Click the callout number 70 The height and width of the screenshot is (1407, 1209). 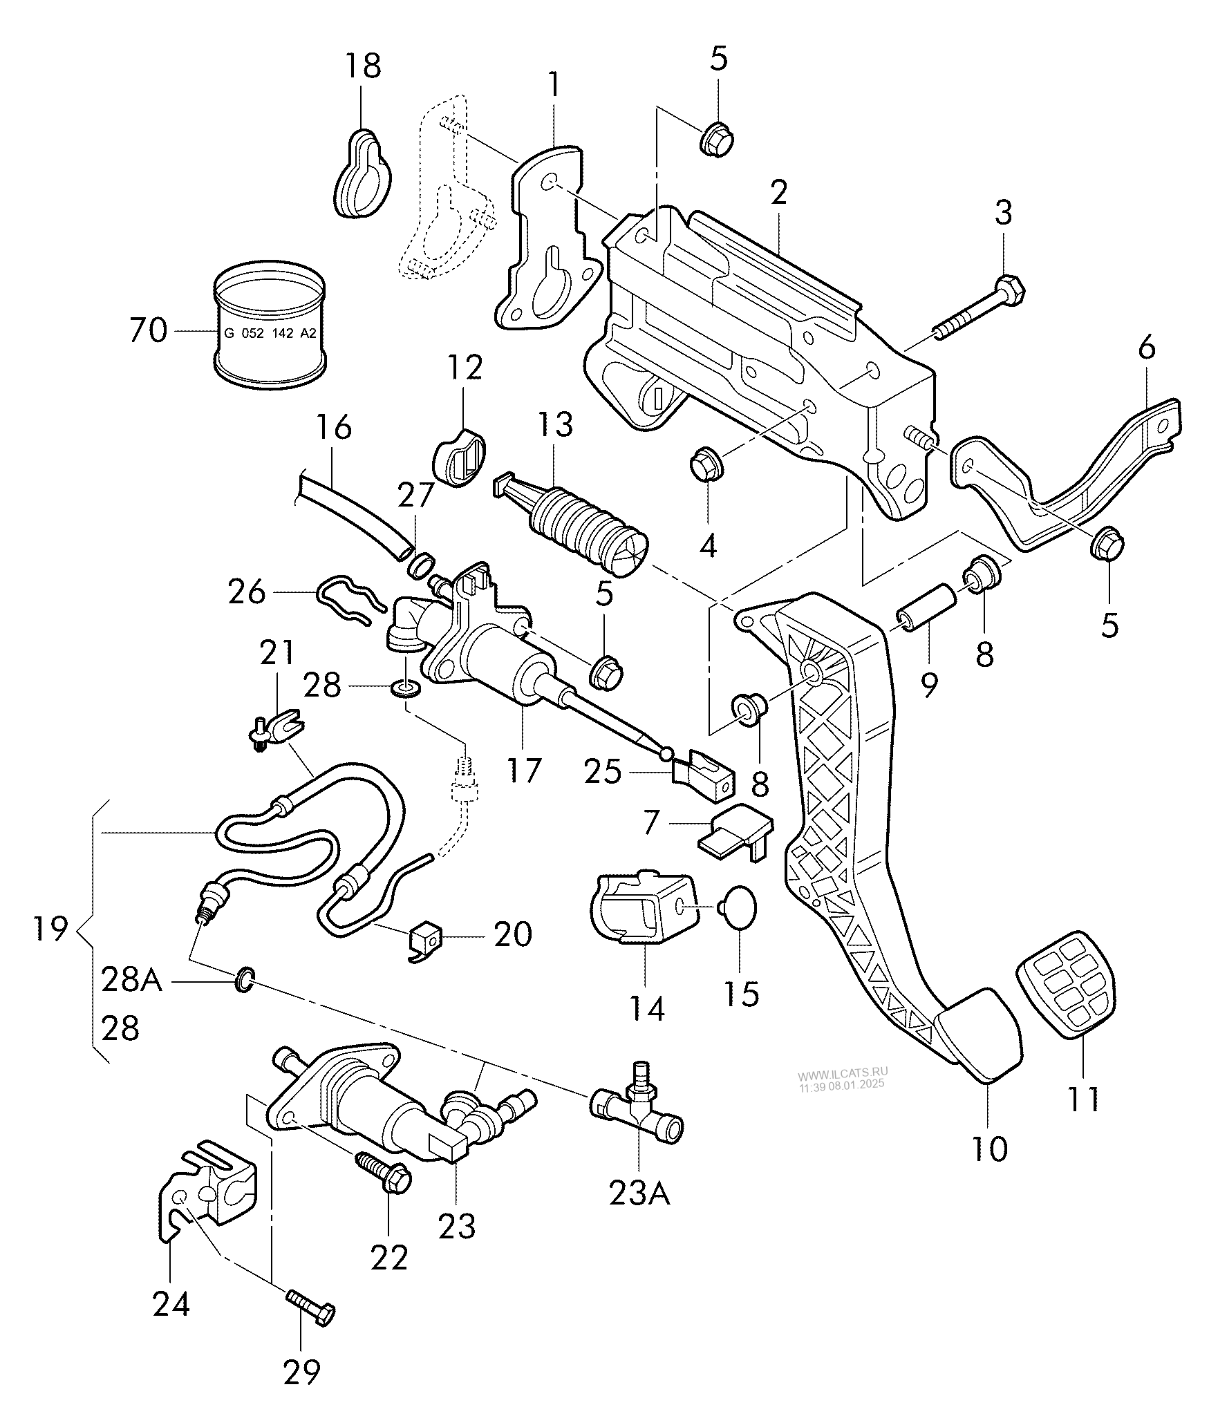click(148, 331)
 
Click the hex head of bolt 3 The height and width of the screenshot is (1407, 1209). click(1011, 290)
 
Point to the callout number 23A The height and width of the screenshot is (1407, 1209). click(639, 1194)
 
